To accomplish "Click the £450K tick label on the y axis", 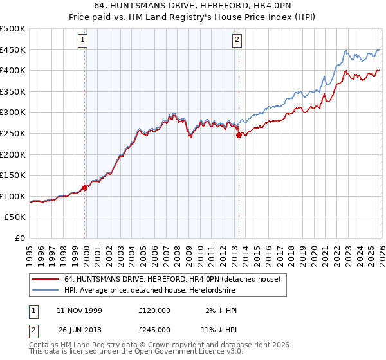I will (13, 50).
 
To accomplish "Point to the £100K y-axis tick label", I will (13, 196).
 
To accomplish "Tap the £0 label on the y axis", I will (20, 238).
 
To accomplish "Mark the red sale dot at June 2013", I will (239, 135).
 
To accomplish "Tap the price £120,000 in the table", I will (154, 310).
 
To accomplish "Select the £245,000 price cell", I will (154, 329).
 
